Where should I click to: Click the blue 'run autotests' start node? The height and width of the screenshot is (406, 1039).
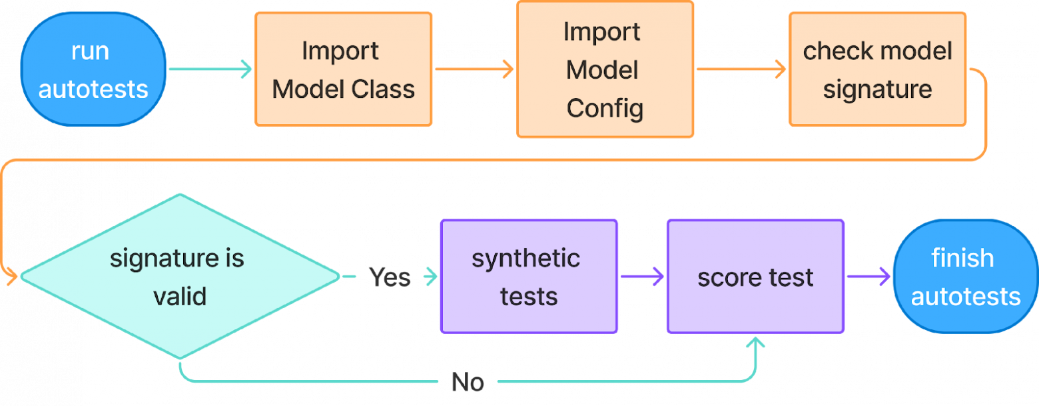coord(93,69)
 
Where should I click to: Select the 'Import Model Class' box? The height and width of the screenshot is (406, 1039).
coord(343,69)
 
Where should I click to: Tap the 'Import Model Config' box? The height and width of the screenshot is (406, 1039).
coord(605,69)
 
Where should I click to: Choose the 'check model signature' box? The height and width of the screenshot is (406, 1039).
coord(877,69)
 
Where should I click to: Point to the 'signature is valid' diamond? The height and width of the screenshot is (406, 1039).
coord(180,276)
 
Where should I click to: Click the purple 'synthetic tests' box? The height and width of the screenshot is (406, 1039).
coord(529,276)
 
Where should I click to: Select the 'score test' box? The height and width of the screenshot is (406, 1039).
coord(755,276)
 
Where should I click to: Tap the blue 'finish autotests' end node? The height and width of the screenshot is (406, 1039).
coord(965,276)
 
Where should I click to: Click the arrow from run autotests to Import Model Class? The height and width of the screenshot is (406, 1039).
coord(210,69)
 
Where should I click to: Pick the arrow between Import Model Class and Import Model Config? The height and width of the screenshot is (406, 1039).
coord(474,69)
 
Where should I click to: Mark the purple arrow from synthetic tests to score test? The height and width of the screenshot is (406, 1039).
coord(642,276)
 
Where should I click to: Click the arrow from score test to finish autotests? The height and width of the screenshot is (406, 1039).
coord(868,276)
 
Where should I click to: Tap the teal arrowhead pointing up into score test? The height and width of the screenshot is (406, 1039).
coord(756,343)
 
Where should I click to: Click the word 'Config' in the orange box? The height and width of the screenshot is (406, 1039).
coord(605,109)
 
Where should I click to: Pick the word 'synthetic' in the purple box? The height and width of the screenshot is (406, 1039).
coord(526,259)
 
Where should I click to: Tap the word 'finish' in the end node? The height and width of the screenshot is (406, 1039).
coord(962,258)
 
